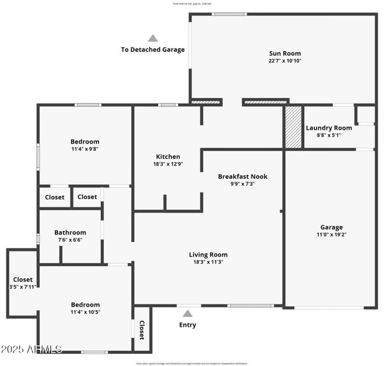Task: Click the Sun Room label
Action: coord(285,53)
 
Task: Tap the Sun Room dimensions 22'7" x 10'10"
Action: coord(285,61)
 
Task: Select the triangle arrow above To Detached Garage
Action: coord(153,38)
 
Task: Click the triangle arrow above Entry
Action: coord(188,314)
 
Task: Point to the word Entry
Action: coord(188,325)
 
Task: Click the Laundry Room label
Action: coord(329,128)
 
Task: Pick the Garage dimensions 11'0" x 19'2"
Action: coord(331,235)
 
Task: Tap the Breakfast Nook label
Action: coord(242,176)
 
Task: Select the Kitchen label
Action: coord(168,156)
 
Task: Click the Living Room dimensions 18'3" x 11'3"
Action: coord(208,262)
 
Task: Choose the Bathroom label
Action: coord(70,232)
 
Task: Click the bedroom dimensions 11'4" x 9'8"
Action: coord(84,149)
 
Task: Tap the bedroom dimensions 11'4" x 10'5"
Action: coord(85,312)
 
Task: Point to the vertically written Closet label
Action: coord(142,330)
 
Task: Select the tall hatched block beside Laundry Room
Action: coord(293,127)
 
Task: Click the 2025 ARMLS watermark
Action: coord(31,349)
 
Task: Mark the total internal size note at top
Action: coord(192,3)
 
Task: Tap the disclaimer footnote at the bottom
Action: coord(192,363)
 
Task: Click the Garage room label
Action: coord(331,227)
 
